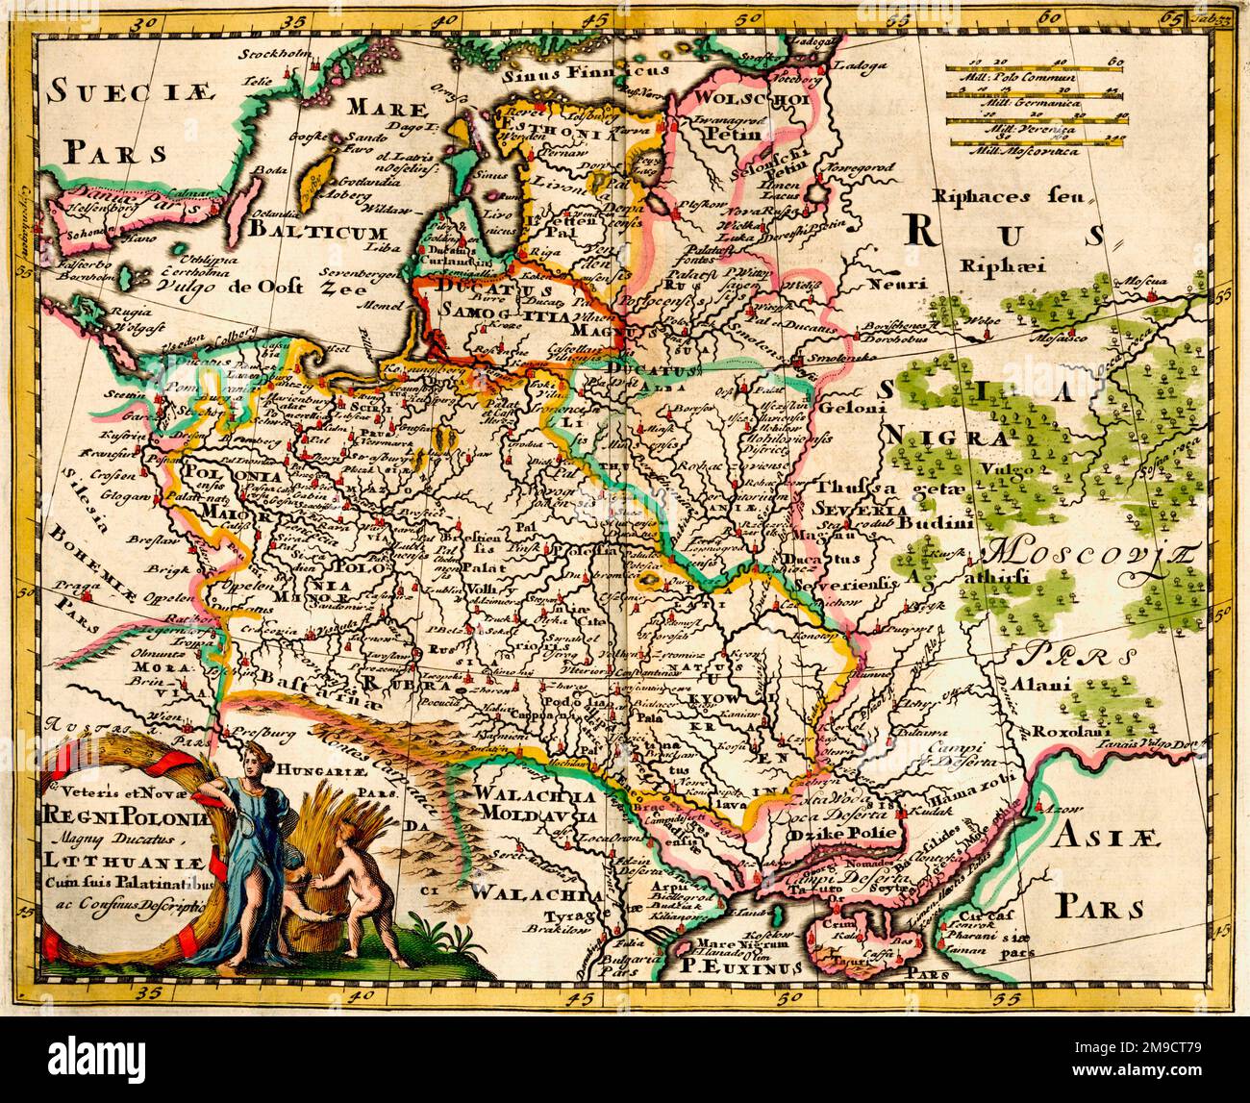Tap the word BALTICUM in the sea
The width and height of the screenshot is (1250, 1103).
pos(316,232)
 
